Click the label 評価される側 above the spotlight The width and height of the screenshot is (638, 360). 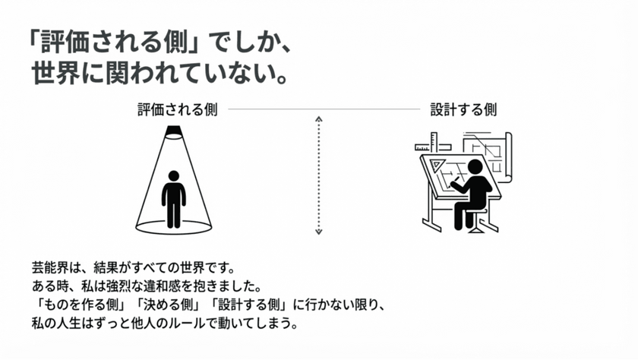click(177, 109)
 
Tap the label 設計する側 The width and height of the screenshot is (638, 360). click(463, 109)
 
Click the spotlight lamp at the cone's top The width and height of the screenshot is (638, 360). click(174, 134)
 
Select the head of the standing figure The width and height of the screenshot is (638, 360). click(174, 176)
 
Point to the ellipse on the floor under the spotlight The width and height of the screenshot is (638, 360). click(174, 226)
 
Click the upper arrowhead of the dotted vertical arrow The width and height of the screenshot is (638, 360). click(320, 119)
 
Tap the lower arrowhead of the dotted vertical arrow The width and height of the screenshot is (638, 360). click(320, 232)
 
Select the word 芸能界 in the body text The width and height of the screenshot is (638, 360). click(42, 268)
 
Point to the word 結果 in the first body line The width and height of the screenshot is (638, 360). click(104, 268)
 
